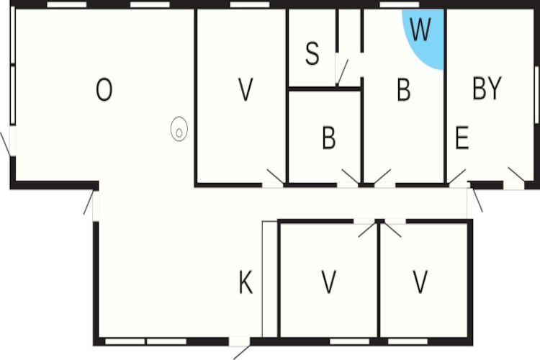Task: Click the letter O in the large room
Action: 104,89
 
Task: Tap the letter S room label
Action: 312,53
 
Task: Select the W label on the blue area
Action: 420,30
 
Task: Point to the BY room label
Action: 487,89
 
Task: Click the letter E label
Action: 462,138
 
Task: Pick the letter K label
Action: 246,282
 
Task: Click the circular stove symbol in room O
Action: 179,129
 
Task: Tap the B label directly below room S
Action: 329,138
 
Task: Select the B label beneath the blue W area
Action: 404,89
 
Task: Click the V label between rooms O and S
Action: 246,89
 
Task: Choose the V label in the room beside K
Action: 329,282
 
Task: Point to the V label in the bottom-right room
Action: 420,282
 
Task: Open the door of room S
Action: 341,72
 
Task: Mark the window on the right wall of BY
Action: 536,94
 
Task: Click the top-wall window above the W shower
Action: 399,5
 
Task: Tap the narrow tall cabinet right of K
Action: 270,279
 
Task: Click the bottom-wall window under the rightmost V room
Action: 408,342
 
